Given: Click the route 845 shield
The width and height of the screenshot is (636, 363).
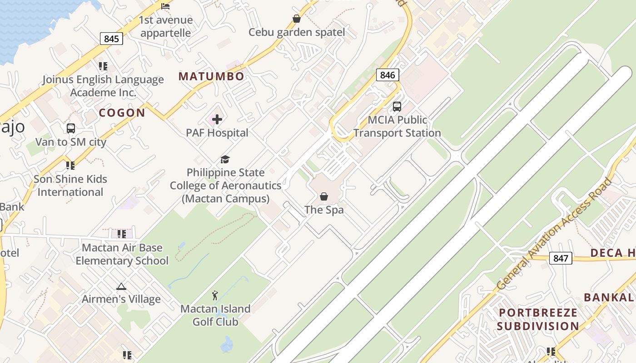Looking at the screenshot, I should [x=111, y=39].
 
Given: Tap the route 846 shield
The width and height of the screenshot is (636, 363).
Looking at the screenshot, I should [x=388, y=75].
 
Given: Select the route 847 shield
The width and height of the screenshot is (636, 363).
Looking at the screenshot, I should [x=561, y=258].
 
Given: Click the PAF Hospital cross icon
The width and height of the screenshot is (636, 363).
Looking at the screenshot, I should [x=217, y=119].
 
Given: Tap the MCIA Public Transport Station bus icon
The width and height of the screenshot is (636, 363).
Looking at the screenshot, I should [x=397, y=107].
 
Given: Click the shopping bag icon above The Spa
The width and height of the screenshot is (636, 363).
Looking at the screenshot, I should [x=324, y=196].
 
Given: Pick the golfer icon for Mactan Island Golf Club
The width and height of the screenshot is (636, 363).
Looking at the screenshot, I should [x=215, y=296].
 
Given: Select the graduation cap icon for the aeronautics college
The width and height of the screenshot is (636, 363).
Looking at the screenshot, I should [x=225, y=159].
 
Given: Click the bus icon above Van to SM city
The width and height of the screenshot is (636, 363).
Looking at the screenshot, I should [x=71, y=128].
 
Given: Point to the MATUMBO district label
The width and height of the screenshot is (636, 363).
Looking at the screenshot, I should [x=211, y=76].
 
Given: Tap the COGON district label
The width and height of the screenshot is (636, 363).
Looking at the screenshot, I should [x=122, y=113].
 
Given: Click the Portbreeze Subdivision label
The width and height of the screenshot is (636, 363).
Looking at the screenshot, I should [x=538, y=319].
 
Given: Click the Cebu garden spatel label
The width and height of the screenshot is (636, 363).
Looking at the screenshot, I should [x=297, y=32].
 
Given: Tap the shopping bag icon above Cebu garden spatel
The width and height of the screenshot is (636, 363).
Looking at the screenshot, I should [x=297, y=19].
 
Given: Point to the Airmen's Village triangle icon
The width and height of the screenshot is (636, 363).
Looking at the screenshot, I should [x=121, y=286].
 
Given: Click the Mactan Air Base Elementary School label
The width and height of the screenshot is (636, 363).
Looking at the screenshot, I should [x=122, y=254].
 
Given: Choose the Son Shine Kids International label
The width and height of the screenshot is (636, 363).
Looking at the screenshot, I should [x=70, y=186].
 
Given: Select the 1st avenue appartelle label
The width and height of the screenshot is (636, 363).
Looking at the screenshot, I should [x=166, y=26].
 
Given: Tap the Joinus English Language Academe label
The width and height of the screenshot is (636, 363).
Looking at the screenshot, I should [x=103, y=86].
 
